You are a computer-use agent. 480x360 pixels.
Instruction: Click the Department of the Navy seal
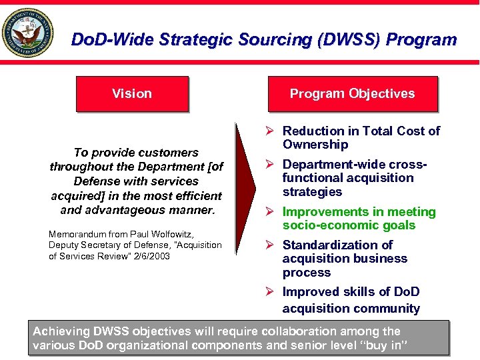pos(29,34)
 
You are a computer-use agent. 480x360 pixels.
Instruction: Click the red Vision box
pos(132,94)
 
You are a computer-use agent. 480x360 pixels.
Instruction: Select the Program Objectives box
pos(352,94)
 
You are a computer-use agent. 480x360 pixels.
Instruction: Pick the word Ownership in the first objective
pos(315,145)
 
